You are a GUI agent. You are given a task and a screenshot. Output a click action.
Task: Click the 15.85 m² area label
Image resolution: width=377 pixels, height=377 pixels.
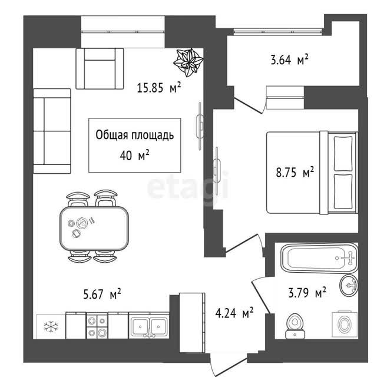click(158, 87)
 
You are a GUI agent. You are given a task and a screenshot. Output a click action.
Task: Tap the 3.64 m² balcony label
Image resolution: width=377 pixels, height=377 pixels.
click(289, 59)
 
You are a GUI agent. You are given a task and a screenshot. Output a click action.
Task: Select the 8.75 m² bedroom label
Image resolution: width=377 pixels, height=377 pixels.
click(295, 172)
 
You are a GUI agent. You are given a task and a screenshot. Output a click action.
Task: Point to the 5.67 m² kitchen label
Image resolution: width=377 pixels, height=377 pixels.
click(102, 294)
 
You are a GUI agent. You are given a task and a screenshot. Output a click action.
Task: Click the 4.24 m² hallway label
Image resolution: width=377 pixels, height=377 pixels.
click(234, 313)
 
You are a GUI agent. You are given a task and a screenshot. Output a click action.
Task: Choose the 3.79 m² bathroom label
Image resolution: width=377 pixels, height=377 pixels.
click(307, 292)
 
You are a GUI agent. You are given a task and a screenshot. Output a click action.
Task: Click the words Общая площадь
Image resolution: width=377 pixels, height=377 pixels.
click(135, 135)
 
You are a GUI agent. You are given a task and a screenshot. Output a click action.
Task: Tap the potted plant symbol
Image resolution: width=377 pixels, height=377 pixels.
click(188, 62)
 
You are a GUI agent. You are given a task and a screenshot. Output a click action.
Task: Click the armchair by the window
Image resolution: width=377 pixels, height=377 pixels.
click(100, 68)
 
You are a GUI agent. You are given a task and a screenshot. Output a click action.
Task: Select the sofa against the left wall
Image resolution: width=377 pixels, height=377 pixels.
click(52, 131)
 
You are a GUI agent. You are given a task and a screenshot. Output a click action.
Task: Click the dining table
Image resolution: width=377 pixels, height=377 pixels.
click(94, 228)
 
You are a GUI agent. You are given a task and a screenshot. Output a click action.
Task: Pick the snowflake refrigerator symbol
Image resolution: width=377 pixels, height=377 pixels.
click(51, 326)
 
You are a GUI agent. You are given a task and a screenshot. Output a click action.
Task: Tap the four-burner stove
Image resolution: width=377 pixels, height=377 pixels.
click(97, 326)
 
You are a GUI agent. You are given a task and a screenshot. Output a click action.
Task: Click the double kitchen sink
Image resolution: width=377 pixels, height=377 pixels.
click(149, 326)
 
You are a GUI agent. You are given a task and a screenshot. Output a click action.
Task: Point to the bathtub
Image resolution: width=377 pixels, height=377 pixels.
click(319, 258)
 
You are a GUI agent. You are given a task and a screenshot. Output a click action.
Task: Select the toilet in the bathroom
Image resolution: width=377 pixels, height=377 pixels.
click(295, 326)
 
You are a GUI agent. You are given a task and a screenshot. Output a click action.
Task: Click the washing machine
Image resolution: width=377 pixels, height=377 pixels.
click(345, 325)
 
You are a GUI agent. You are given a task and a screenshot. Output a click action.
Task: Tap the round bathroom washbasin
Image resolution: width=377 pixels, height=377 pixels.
click(349, 285)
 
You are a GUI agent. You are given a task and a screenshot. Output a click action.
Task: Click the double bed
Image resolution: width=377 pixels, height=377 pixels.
click(312, 172)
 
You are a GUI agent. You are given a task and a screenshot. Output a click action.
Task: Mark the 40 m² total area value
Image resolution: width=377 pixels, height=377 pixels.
click(135, 156)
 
